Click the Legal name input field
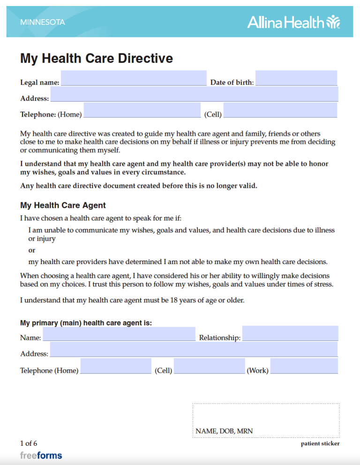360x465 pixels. tap(134, 78)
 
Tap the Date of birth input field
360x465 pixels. tap(296, 78)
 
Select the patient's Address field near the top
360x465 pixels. tap(194, 94)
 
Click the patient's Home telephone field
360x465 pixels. tap(142, 111)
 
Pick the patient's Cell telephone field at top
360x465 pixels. tap(280, 111)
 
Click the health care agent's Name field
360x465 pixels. tap(119, 334)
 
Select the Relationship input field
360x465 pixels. tap(290, 333)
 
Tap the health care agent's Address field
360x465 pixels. tap(194, 349)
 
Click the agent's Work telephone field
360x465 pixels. tap(304, 366)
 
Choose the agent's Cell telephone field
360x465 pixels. tap(209, 366)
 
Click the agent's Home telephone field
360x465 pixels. tap(116, 366)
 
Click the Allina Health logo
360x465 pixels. tap(293, 22)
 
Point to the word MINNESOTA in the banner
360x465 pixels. tap(43, 22)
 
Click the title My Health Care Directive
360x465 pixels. tap(97, 59)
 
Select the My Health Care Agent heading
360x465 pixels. tap(63, 205)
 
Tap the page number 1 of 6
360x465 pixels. tap(29, 443)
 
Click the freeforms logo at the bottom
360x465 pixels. tap(41, 455)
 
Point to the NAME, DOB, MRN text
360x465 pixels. tap(225, 431)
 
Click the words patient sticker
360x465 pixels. tap(320, 443)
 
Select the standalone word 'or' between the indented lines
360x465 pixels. tap(32, 250)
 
